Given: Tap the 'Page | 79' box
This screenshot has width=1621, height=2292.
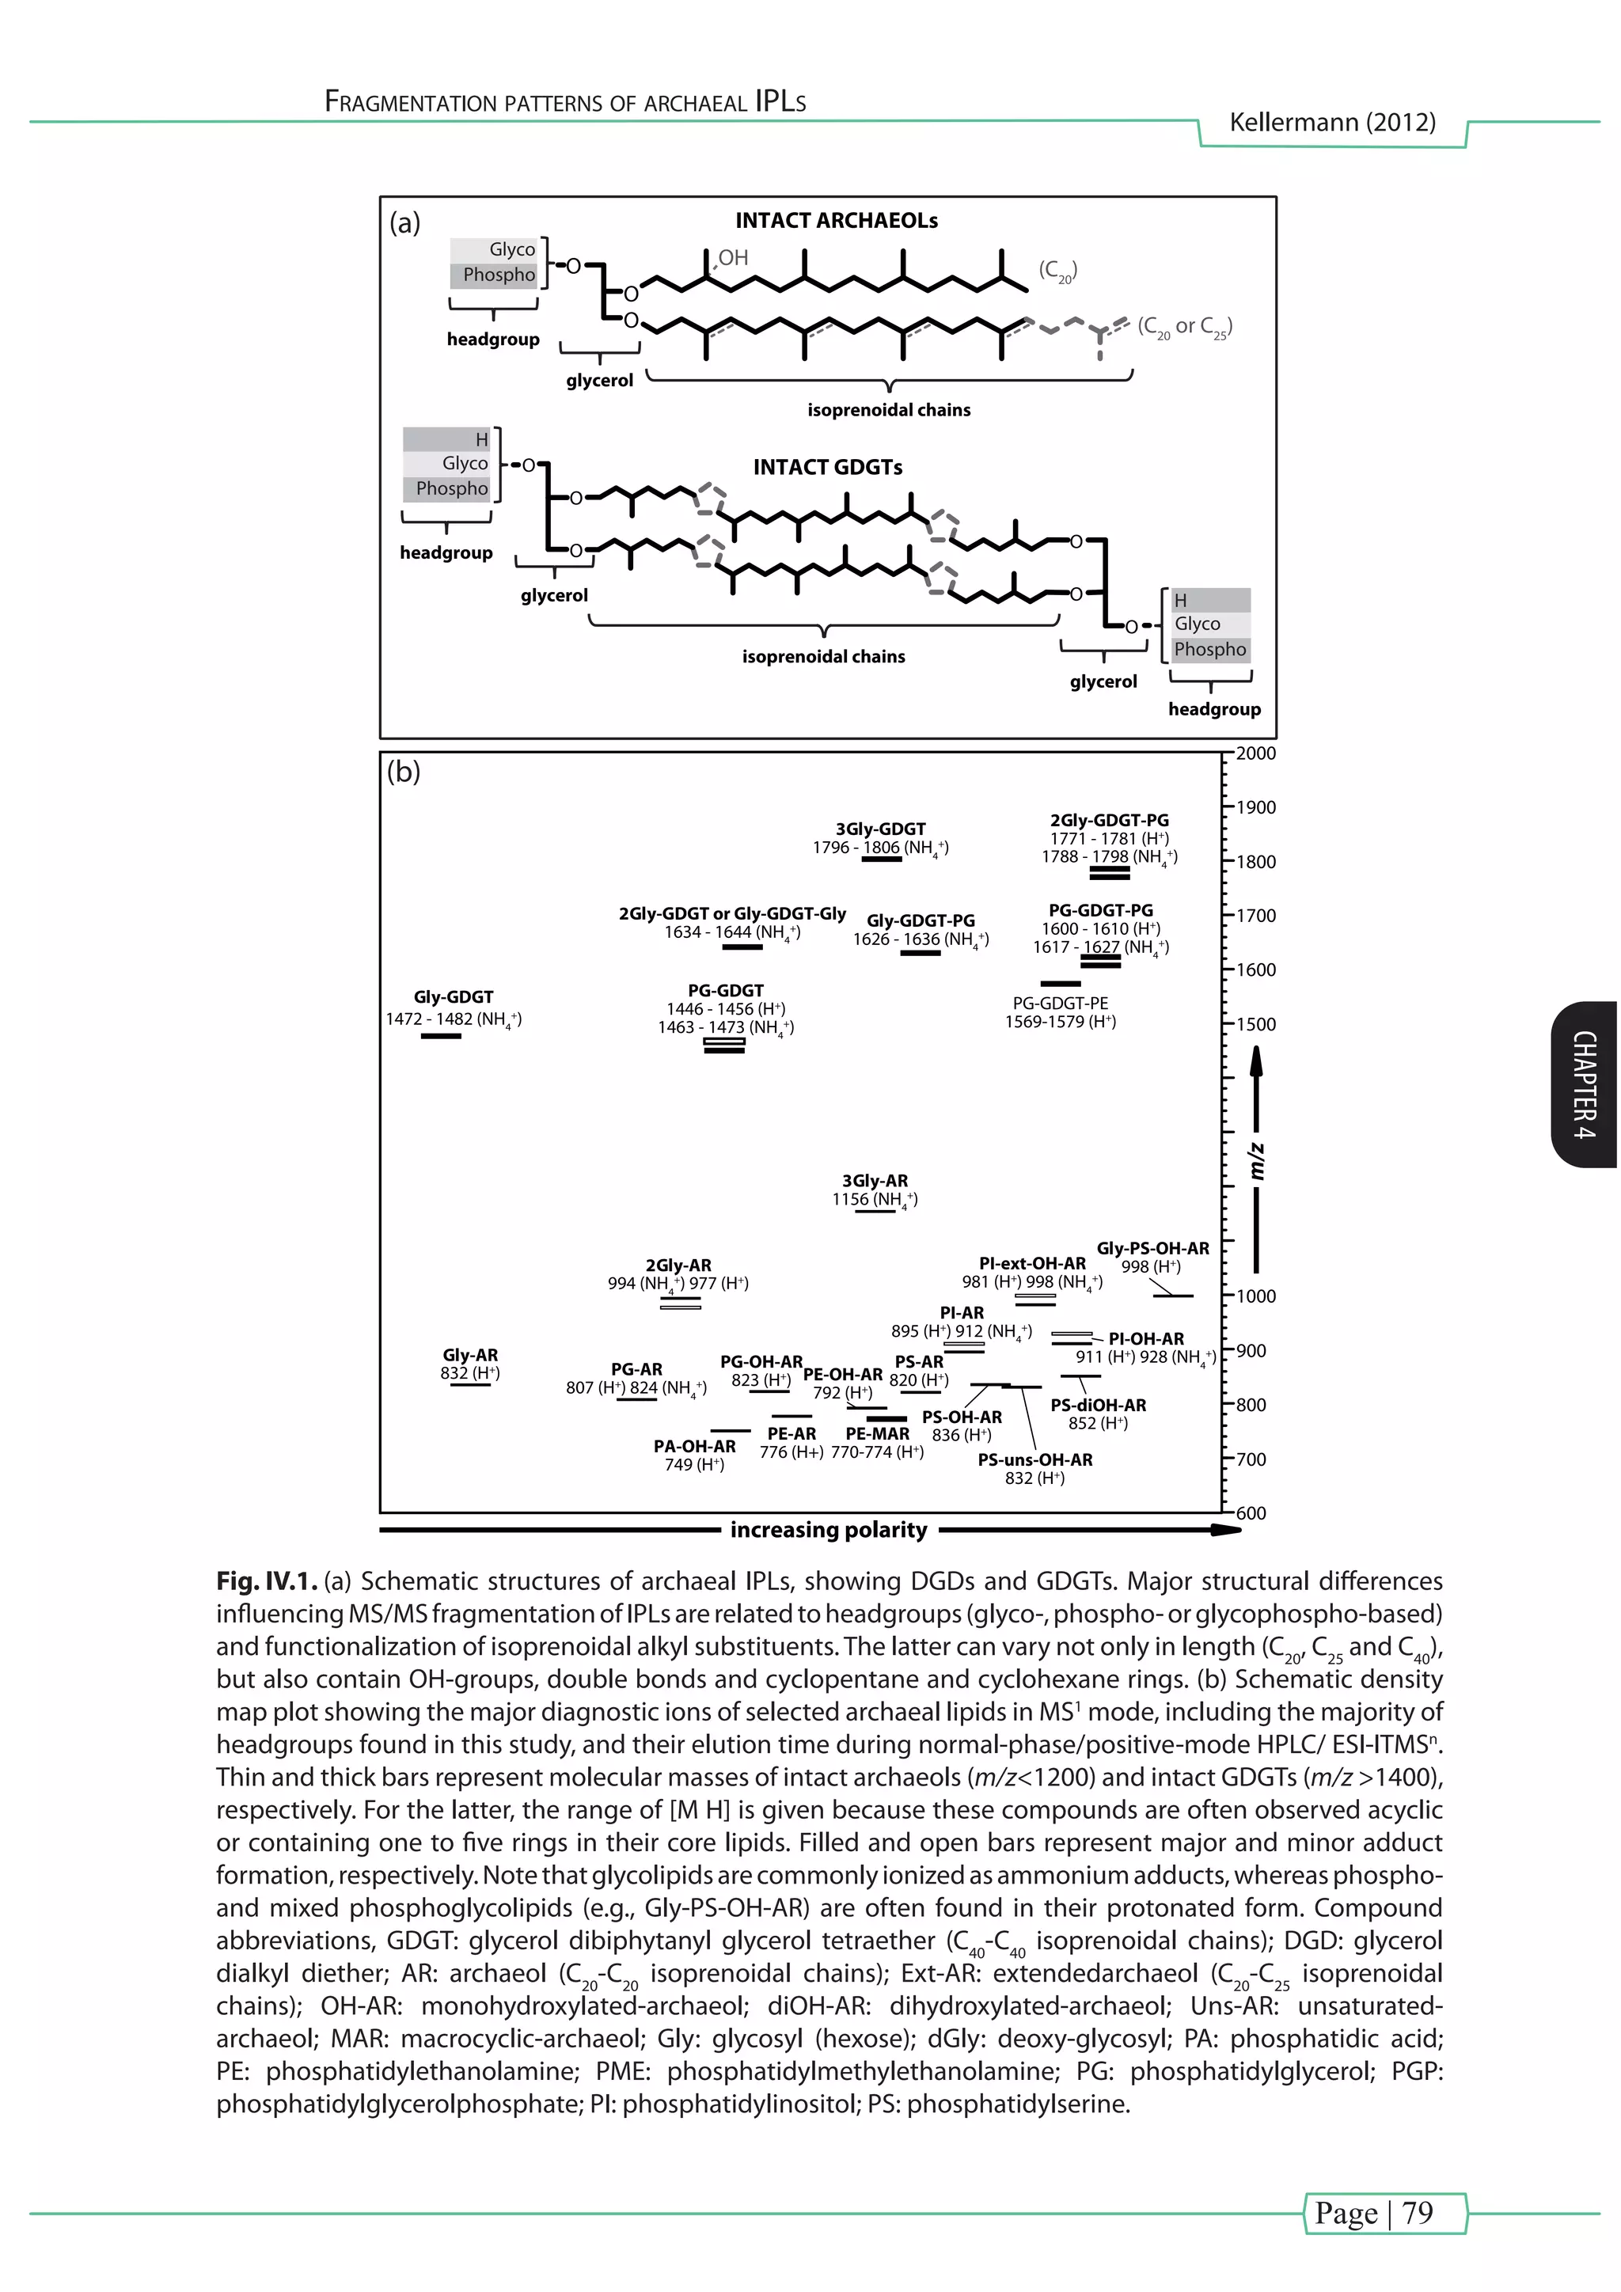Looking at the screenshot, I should click(1384, 2212).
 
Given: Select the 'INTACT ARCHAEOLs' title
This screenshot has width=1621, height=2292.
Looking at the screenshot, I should click(837, 221).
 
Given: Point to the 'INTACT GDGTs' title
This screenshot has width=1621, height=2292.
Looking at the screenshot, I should click(827, 467).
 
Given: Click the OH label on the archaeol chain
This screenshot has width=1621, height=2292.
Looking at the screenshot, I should click(733, 257).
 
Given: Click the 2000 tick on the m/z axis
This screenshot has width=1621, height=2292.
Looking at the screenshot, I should click(1255, 753).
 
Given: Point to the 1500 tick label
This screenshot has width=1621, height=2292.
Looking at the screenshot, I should click(1255, 1024).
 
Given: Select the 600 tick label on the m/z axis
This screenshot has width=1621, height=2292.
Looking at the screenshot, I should click(1251, 1513).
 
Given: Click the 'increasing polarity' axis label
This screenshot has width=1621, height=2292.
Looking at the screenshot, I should click(829, 1531).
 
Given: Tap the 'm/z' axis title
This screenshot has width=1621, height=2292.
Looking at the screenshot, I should click(1258, 1161).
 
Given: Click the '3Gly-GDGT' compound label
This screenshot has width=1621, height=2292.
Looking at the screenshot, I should click(880, 829).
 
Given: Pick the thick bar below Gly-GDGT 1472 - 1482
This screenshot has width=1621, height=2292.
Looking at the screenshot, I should click(440, 1036).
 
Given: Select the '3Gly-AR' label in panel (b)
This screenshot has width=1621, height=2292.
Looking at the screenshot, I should click(875, 1181).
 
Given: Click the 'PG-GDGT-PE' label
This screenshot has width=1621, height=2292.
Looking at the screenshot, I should click(1060, 1004).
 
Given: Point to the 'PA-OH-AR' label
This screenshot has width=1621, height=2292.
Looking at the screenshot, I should click(695, 1447).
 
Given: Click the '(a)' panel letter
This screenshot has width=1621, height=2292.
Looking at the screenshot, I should click(404, 222).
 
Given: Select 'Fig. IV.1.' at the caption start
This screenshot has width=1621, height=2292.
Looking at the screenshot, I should click(267, 1582).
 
